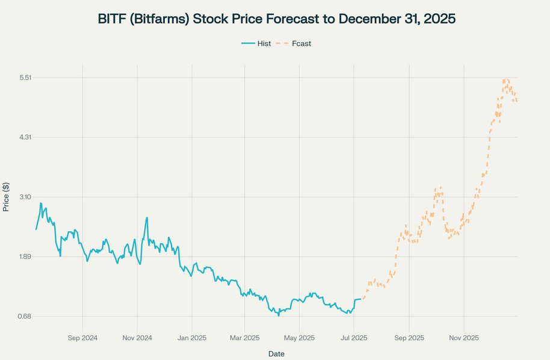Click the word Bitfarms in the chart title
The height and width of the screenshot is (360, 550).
tap(158, 19)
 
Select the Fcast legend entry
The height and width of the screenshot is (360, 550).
tap(301, 43)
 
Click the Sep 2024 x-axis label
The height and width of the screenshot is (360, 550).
tap(82, 338)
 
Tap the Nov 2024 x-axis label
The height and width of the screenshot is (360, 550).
tap(137, 338)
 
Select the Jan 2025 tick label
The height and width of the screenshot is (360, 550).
tap(191, 338)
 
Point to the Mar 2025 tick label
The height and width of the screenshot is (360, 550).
tap(244, 338)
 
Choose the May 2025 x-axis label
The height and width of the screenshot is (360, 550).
tap(298, 338)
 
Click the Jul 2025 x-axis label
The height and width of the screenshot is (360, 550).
tap(353, 338)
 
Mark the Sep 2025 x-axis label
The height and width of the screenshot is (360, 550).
tap(409, 338)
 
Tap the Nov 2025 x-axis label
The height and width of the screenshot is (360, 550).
tap(464, 338)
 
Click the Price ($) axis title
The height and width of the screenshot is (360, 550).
tap(6, 196)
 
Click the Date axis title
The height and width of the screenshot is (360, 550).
tap(276, 353)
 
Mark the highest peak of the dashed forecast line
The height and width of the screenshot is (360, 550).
tap(505, 79)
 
